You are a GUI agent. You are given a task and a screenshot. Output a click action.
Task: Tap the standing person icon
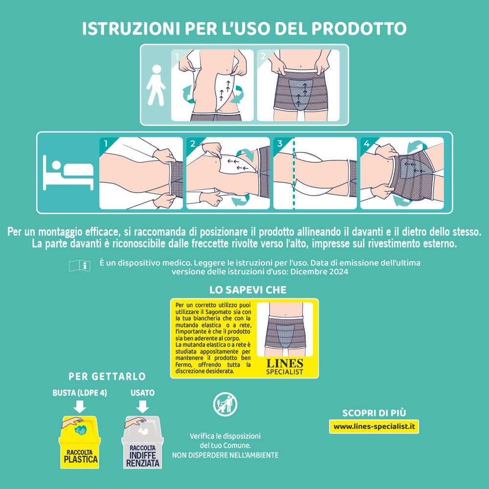pyautogui.click(x=156, y=85)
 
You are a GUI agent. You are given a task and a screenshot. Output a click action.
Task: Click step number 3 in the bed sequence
pyautogui.click(x=280, y=144)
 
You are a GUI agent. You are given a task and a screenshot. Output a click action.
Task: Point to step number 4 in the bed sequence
pyautogui.click(x=367, y=144)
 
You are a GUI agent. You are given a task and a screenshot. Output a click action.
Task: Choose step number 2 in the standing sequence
pyautogui.click(x=263, y=56)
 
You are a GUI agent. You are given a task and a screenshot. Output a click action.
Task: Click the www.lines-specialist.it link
pyautogui.click(x=374, y=426)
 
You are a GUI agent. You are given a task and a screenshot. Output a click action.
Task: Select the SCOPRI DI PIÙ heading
pyautogui.click(x=374, y=413)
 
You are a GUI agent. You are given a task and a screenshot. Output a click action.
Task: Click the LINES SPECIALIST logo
pyautogui.click(x=285, y=367)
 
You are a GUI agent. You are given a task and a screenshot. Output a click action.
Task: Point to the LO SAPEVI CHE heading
pyautogui.click(x=248, y=289)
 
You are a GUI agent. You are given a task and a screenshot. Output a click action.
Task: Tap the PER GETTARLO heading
pyautogui.click(x=107, y=377)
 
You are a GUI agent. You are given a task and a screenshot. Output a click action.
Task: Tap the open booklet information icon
pyautogui.click(x=80, y=266)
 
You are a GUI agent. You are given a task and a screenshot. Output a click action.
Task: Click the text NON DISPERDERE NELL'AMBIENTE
pyautogui.click(x=225, y=455)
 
